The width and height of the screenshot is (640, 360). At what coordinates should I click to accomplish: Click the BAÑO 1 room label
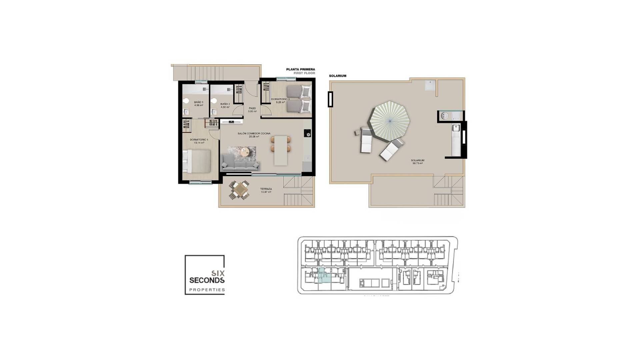point(198,102)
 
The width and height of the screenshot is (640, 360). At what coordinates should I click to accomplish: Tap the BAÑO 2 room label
point(225,104)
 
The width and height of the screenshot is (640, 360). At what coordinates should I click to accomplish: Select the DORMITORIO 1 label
point(199,140)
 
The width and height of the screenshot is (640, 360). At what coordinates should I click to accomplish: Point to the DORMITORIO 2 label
point(280,99)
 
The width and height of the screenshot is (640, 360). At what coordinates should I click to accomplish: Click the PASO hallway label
point(252,108)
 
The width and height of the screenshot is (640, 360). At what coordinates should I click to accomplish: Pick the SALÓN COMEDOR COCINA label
point(254,133)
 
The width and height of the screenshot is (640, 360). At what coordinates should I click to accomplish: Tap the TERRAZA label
point(266,189)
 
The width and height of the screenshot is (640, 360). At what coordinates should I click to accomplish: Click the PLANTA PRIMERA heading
point(300,69)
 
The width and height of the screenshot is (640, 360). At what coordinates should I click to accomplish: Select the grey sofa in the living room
point(240,163)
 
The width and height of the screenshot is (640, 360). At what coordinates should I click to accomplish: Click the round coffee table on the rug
point(245,152)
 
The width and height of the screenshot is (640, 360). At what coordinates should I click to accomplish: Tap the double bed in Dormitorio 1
point(197,161)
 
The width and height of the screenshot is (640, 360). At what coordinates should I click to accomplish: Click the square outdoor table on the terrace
point(239,190)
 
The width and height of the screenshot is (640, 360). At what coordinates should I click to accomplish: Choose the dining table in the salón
point(281,150)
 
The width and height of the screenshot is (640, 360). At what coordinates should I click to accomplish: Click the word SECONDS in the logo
point(207,280)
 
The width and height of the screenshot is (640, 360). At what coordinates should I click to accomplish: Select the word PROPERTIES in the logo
point(207,290)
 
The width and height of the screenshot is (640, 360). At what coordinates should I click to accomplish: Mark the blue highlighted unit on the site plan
point(323,276)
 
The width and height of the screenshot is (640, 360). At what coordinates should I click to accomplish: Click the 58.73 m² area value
point(418,163)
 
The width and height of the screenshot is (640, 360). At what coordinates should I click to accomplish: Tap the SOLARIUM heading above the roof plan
point(337,76)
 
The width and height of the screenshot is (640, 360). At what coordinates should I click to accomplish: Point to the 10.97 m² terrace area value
point(266,192)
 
